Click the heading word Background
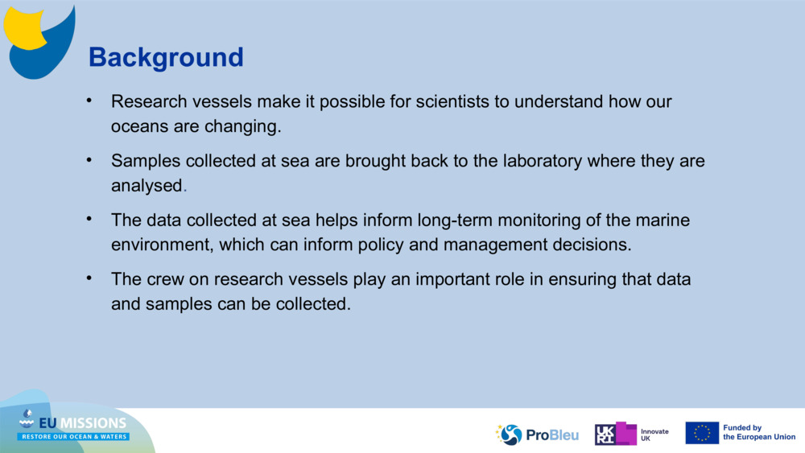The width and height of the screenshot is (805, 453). (x=166, y=57)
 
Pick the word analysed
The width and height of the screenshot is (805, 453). (x=147, y=186)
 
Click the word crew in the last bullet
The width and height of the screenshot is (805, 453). (x=165, y=279)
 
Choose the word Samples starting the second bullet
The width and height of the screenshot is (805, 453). (x=146, y=161)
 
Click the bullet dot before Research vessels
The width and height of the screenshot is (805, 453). (x=89, y=100)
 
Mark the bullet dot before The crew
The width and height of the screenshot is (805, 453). (x=89, y=278)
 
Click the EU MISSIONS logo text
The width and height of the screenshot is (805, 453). (x=83, y=423)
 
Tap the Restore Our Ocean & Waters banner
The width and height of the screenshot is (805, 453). (x=73, y=437)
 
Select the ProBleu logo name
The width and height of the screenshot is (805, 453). (x=552, y=435)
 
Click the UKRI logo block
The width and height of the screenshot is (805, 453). (x=616, y=434)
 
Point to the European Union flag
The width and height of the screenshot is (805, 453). (x=702, y=433)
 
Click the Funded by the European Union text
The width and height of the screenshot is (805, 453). (x=759, y=432)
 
